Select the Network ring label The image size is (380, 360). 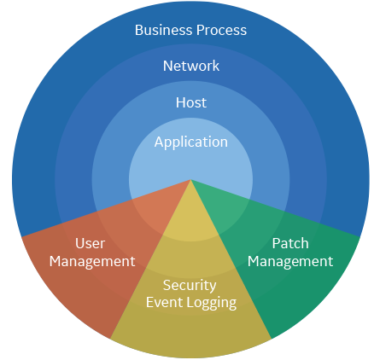191,66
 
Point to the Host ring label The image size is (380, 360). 191,102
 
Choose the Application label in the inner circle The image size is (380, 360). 191,142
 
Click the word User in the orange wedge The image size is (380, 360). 91,243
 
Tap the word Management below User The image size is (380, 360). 92,262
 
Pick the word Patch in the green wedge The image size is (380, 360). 290,243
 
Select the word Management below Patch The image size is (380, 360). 290,262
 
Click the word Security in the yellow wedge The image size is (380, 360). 190,285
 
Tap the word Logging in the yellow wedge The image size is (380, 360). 210,303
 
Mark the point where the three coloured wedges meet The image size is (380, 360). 190,180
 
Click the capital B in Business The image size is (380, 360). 138,30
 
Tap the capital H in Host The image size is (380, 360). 180,102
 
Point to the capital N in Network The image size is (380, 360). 167,67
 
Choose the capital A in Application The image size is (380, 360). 159,142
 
